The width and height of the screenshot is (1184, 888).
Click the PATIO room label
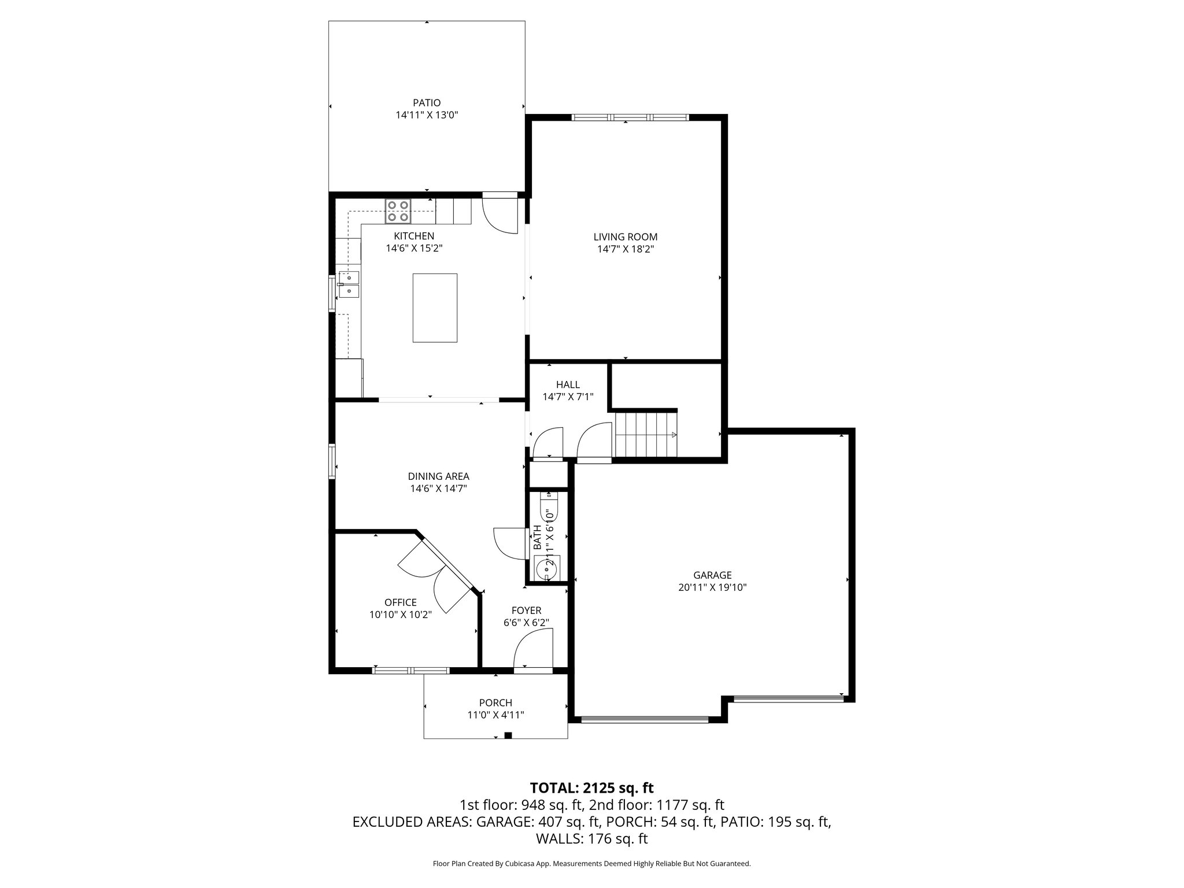coord(427,103)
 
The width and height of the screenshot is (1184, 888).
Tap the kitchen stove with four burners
coord(398,211)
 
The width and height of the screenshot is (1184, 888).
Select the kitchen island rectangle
coord(435,308)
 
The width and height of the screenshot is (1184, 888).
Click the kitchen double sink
coord(349,284)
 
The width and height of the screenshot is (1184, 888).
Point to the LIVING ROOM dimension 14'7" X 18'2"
coord(626,249)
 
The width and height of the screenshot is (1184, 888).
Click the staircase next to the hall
coord(645,434)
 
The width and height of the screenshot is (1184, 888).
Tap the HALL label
coord(568,384)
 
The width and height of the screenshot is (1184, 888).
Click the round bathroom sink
coord(545,569)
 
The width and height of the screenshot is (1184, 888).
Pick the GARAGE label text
coord(712,575)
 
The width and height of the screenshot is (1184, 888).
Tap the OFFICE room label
coord(400,602)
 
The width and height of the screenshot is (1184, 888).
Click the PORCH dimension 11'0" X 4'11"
coord(495,715)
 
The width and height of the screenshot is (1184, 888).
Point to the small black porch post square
coord(508,735)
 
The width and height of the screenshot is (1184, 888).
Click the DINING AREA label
coord(438,476)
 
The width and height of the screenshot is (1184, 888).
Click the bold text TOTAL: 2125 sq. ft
coord(591,787)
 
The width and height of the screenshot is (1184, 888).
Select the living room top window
coord(630,118)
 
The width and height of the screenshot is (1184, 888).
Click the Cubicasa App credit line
coord(591,864)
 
